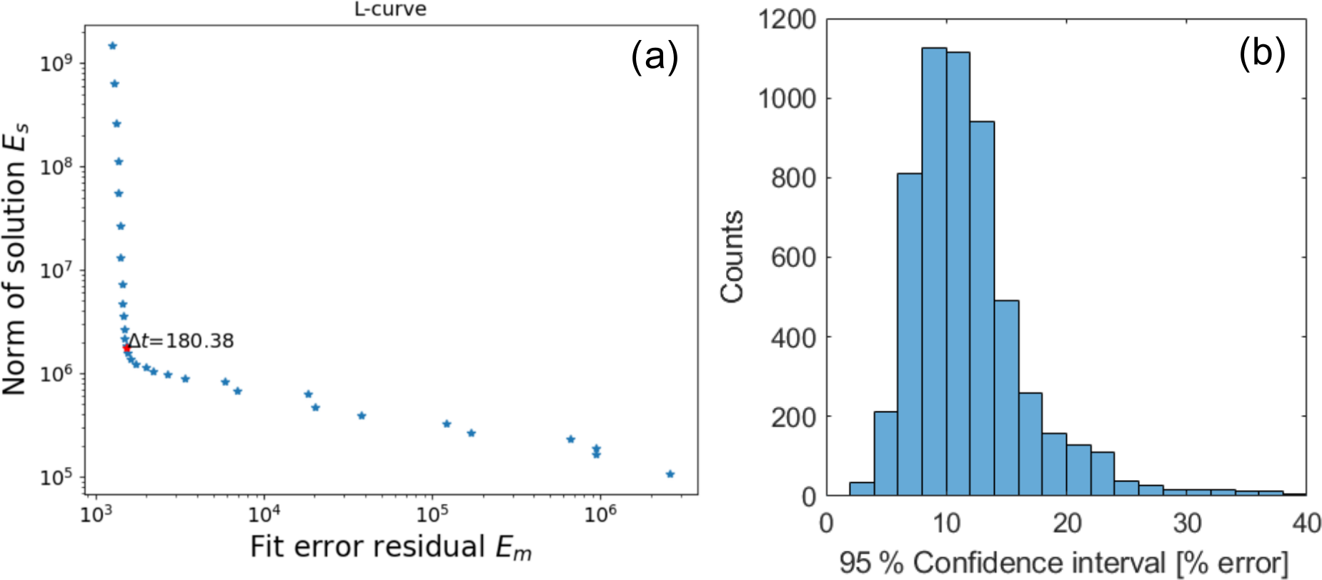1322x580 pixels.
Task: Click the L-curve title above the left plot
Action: tap(390, 9)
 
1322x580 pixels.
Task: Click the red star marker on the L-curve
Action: tap(126, 349)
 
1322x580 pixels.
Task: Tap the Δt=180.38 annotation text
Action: tap(182, 341)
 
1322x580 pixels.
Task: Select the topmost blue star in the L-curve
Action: tap(112, 46)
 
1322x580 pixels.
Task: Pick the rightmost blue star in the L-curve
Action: tap(670, 474)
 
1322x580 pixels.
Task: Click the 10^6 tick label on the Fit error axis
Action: tap(600, 514)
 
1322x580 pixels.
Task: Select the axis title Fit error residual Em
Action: tap(390, 548)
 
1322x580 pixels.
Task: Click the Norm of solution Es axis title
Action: tap(16, 257)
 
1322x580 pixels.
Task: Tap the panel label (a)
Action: tap(654, 56)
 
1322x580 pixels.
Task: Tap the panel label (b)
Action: tap(1262, 54)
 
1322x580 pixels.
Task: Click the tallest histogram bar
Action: tap(934, 271)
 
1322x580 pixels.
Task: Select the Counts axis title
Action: tap(733, 257)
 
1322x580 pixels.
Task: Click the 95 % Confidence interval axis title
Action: tap(1064, 564)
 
